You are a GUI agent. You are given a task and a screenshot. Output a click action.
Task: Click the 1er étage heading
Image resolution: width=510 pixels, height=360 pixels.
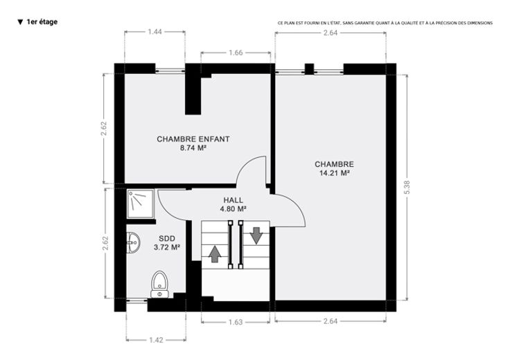42,21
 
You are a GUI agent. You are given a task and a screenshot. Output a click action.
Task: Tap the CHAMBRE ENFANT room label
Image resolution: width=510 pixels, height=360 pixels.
193,139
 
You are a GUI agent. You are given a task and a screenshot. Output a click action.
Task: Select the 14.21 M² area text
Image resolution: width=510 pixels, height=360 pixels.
335,173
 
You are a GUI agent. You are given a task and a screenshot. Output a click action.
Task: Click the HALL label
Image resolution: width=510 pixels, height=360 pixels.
233,200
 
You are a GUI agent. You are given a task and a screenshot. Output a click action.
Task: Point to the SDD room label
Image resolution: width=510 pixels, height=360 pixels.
167,239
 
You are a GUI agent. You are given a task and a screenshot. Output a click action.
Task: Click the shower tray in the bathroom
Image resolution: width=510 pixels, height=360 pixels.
140,204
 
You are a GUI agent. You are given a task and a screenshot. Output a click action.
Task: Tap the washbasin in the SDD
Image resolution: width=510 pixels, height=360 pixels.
133,242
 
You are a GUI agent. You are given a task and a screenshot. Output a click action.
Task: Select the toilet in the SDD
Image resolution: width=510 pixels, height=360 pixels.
159,285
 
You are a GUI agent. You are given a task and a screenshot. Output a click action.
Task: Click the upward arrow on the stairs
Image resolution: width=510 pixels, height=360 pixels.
214,254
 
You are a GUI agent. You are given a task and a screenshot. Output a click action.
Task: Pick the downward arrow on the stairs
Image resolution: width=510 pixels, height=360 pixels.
256,235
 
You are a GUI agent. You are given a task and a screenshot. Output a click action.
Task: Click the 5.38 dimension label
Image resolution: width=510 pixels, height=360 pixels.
407,187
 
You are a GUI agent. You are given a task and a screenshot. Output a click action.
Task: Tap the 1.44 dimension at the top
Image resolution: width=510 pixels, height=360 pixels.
155,32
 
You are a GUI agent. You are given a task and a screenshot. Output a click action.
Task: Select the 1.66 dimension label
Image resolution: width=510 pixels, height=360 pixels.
236,53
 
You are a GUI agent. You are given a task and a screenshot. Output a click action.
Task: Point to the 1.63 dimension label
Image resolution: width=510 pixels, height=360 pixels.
236,322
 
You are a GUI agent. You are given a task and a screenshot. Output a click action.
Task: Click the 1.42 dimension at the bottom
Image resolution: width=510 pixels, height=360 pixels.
156,340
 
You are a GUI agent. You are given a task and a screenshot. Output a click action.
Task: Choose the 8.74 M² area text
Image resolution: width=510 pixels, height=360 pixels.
193,148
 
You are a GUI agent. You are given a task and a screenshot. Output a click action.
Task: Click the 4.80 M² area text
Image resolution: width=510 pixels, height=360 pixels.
233,209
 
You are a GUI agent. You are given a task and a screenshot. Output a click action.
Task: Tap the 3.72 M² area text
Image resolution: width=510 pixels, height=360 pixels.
167,248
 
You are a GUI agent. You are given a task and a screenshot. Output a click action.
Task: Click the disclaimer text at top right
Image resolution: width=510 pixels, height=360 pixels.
385,23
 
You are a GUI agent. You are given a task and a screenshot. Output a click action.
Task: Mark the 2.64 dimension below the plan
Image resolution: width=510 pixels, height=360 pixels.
331,321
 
